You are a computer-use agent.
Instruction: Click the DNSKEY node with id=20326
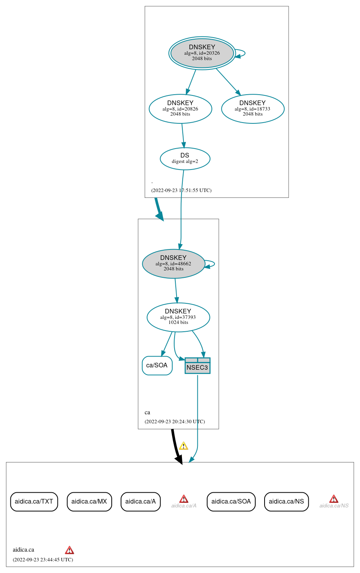point(202,53)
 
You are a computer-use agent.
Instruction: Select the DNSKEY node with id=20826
point(180,109)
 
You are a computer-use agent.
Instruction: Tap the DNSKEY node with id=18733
point(253,109)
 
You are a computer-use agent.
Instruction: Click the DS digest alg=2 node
point(185,159)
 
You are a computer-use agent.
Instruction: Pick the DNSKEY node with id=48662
point(173,264)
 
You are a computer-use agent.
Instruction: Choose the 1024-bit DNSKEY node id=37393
point(178,317)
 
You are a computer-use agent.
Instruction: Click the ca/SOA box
point(157,365)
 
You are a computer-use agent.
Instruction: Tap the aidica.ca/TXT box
point(34,502)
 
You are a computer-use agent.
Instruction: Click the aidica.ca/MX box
point(89,502)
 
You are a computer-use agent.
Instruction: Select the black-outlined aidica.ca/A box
point(140,502)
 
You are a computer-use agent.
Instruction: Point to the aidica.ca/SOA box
point(231,502)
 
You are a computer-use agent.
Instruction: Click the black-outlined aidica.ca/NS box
point(286,502)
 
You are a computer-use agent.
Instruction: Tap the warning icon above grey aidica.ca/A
point(184,499)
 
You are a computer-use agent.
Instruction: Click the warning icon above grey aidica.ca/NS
point(334,499)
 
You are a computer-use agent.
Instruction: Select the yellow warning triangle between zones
point(183,446)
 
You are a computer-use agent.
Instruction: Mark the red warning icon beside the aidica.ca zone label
point(69,550)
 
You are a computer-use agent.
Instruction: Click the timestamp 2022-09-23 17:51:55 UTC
point(181,190)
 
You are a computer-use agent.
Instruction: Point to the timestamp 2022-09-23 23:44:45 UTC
point(43,560)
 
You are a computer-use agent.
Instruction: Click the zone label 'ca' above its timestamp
point(147,412)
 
